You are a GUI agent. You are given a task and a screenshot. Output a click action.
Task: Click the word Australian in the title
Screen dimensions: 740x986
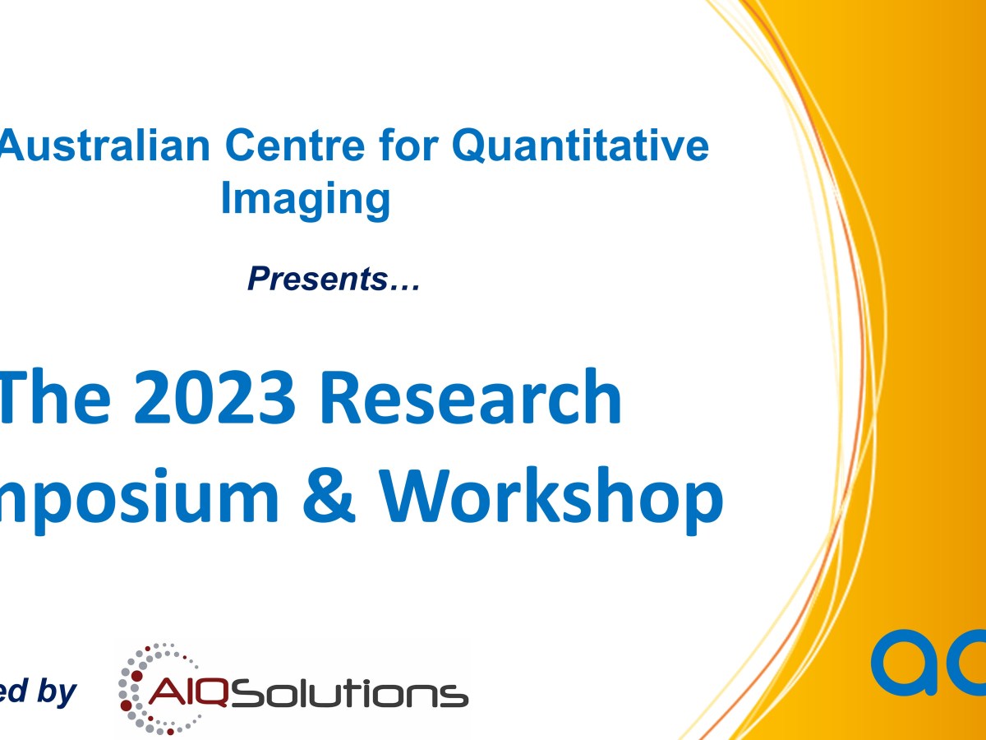point(104,146)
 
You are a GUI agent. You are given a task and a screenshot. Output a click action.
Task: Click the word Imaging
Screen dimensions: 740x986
point(305,200)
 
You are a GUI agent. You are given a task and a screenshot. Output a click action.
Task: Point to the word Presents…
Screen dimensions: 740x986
point(334,280)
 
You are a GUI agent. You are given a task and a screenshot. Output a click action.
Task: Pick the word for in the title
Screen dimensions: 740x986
point(408,146)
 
